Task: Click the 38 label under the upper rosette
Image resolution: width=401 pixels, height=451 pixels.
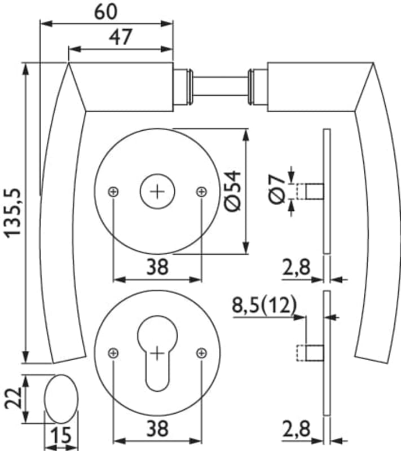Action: pyautogui.click(x=157, y=267)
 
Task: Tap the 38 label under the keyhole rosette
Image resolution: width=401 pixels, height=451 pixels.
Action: pyautogui.click(x=157, y=430)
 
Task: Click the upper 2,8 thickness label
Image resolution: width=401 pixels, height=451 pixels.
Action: pyautogui.click(x=297, y=267)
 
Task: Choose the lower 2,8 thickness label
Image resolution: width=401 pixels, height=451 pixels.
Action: pyautogui.click(x=297, y=430)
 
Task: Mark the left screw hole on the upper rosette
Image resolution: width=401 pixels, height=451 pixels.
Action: pyautogui.click(x=114, y=192)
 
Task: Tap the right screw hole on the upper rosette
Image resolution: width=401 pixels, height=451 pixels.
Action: pyautogui.click(x=201, y=192)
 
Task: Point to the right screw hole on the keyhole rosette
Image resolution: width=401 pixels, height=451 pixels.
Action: pyautogui.click(x=201, y=353)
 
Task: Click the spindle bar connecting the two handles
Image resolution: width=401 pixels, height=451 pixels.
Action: pyautogui.click(x=220, y=87)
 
